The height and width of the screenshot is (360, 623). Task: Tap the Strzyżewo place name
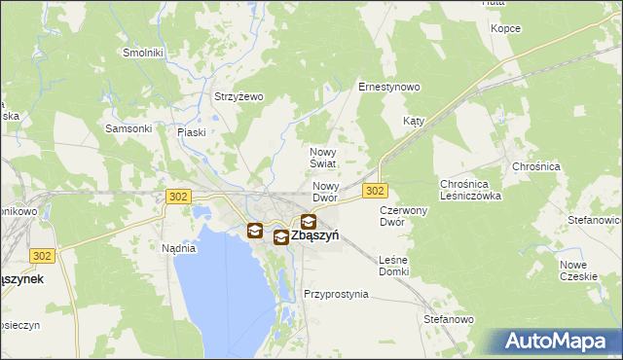point(239,96)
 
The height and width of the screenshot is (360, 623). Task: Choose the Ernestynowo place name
point(388,87)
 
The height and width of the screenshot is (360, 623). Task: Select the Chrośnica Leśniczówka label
point(470,190)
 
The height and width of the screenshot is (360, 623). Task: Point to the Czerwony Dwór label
point(404,216)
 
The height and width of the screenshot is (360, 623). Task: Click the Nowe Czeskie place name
point(578,270)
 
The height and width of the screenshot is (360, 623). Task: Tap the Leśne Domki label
point(393,266)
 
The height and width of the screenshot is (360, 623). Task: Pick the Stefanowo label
point(449,319)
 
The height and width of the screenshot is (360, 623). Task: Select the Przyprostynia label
point(336,294)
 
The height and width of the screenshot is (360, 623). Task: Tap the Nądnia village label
point(178,248)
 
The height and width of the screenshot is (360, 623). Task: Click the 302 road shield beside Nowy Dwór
point(376,191)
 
